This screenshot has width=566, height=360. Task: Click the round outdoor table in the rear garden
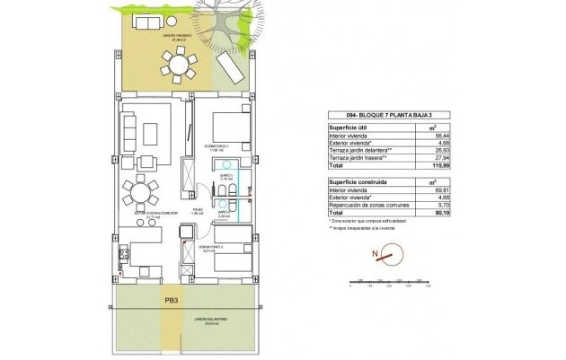coord(179,66)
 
